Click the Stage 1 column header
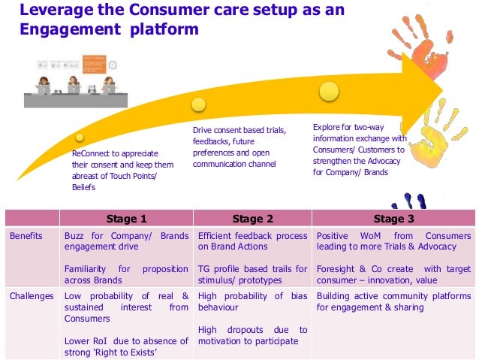126,219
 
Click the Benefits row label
26,236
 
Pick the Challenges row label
32,296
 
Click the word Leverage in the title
54,10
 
